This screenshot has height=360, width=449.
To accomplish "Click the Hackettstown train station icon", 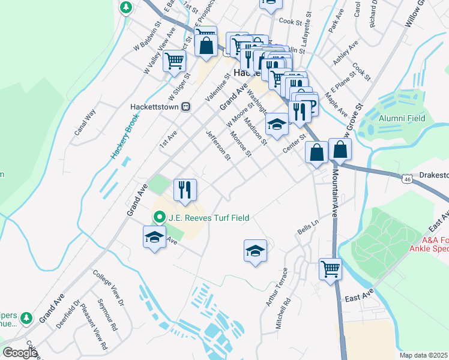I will point(186,106).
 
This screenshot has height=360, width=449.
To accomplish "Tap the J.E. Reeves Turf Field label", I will point(208,218).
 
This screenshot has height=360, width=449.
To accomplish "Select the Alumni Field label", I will point(402,118).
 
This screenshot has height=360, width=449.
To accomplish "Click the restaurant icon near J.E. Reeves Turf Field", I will point(185,190).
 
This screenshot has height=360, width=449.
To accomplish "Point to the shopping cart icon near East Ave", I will point(330,268).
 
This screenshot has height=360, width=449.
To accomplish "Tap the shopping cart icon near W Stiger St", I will point(174,60).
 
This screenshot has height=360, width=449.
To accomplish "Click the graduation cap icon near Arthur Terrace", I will point(255,250).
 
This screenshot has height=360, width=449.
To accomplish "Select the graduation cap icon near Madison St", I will point(277,124).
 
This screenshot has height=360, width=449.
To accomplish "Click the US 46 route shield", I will point(407,178).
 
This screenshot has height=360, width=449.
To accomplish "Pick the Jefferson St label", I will point(218,146).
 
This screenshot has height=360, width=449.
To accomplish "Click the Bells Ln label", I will point(307,227).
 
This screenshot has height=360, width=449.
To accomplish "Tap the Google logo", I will point(20,352).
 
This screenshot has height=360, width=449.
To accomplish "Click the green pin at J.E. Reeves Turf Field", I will point(159,217).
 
